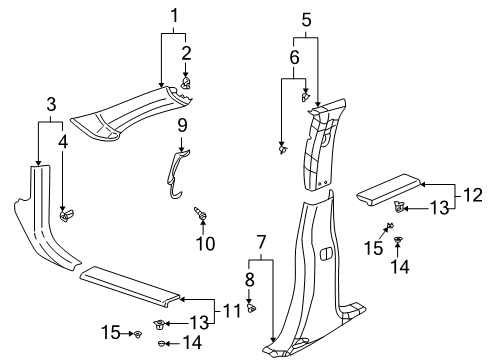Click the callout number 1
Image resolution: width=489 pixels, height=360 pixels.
[174, 15]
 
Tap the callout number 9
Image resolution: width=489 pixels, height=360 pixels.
[182, 125]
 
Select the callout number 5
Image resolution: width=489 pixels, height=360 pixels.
[306, 17]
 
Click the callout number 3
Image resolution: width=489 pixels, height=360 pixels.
[51, 103]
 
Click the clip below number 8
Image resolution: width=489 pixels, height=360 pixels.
[252, 306]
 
